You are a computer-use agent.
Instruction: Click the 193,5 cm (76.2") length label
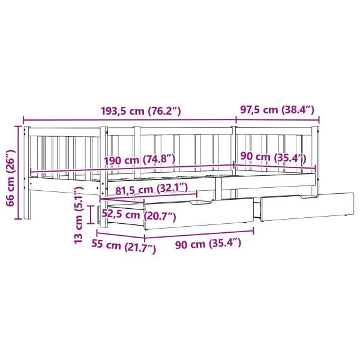141,111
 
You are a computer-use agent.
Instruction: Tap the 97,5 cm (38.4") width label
277,110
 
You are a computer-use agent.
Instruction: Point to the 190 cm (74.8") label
140,160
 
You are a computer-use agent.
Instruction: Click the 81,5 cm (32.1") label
151,189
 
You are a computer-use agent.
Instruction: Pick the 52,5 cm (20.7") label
139,215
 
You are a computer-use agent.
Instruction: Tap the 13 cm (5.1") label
78,215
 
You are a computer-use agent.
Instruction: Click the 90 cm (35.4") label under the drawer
208,244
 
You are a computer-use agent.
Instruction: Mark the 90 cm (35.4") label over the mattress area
273,157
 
